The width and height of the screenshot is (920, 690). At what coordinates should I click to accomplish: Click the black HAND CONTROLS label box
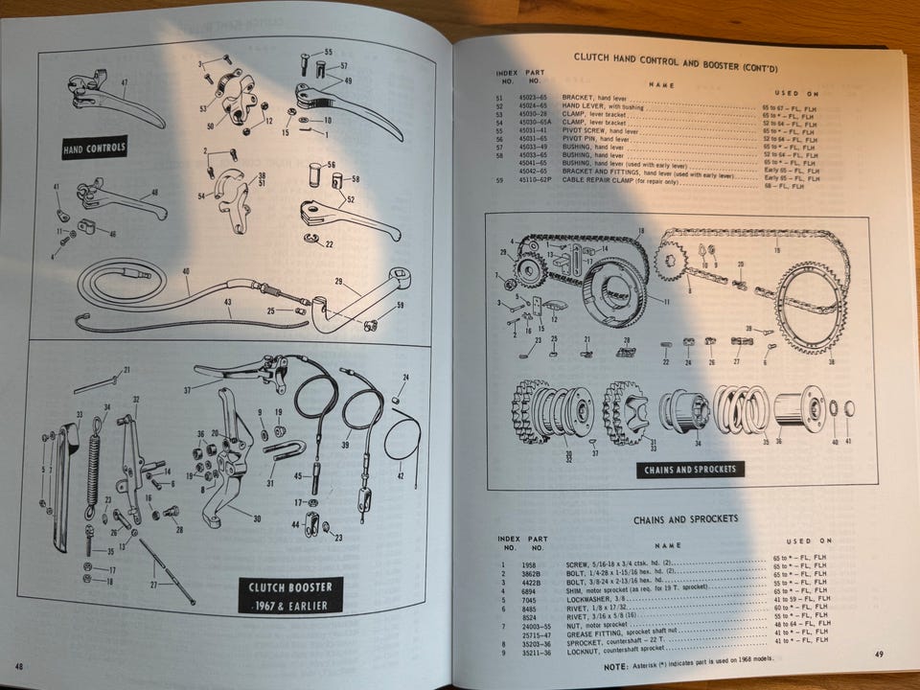click(94, 149)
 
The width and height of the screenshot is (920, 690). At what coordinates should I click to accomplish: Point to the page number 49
click(879, 655)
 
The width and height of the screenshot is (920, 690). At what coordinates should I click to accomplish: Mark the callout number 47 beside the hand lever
click(124, 82)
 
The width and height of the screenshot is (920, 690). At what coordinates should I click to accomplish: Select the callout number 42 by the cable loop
click(400, 475)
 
